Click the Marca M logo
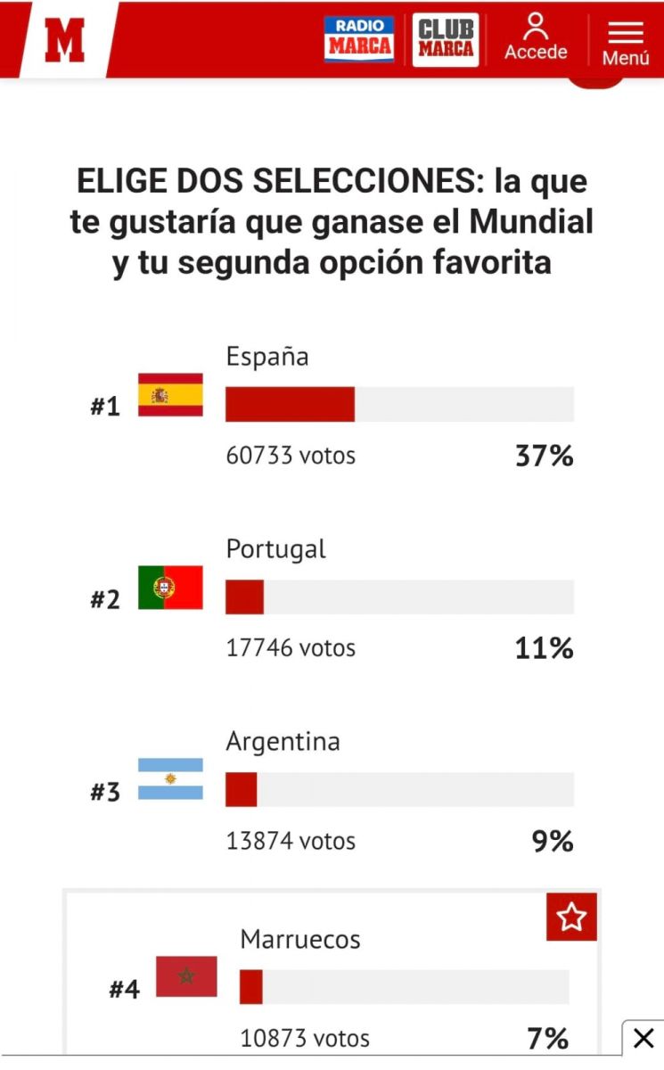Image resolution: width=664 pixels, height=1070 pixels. [65, 39]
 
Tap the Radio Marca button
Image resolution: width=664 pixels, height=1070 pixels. [358, 39]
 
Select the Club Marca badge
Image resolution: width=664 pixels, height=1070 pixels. [446, 39]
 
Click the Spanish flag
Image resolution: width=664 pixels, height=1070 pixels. [170, 395]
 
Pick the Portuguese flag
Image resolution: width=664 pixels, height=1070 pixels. [170, 588]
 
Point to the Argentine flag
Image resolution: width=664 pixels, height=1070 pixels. [170, 778]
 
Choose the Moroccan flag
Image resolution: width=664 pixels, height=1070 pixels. [186, 976]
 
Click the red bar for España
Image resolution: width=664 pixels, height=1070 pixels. [290, 404]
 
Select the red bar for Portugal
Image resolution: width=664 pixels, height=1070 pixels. [244, 597]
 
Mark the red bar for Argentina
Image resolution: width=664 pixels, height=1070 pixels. [241, 790]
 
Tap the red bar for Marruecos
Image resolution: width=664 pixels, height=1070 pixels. [250, 987]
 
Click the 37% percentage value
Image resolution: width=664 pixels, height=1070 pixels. [544, 457]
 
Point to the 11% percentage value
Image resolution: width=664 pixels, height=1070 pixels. [544, 648]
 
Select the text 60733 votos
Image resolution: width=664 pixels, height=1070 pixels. [291, 456]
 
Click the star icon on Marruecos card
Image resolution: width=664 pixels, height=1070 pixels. [571, 916]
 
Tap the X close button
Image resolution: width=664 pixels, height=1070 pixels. [643, 1038]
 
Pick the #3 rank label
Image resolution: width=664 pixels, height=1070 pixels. [105, 792]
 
